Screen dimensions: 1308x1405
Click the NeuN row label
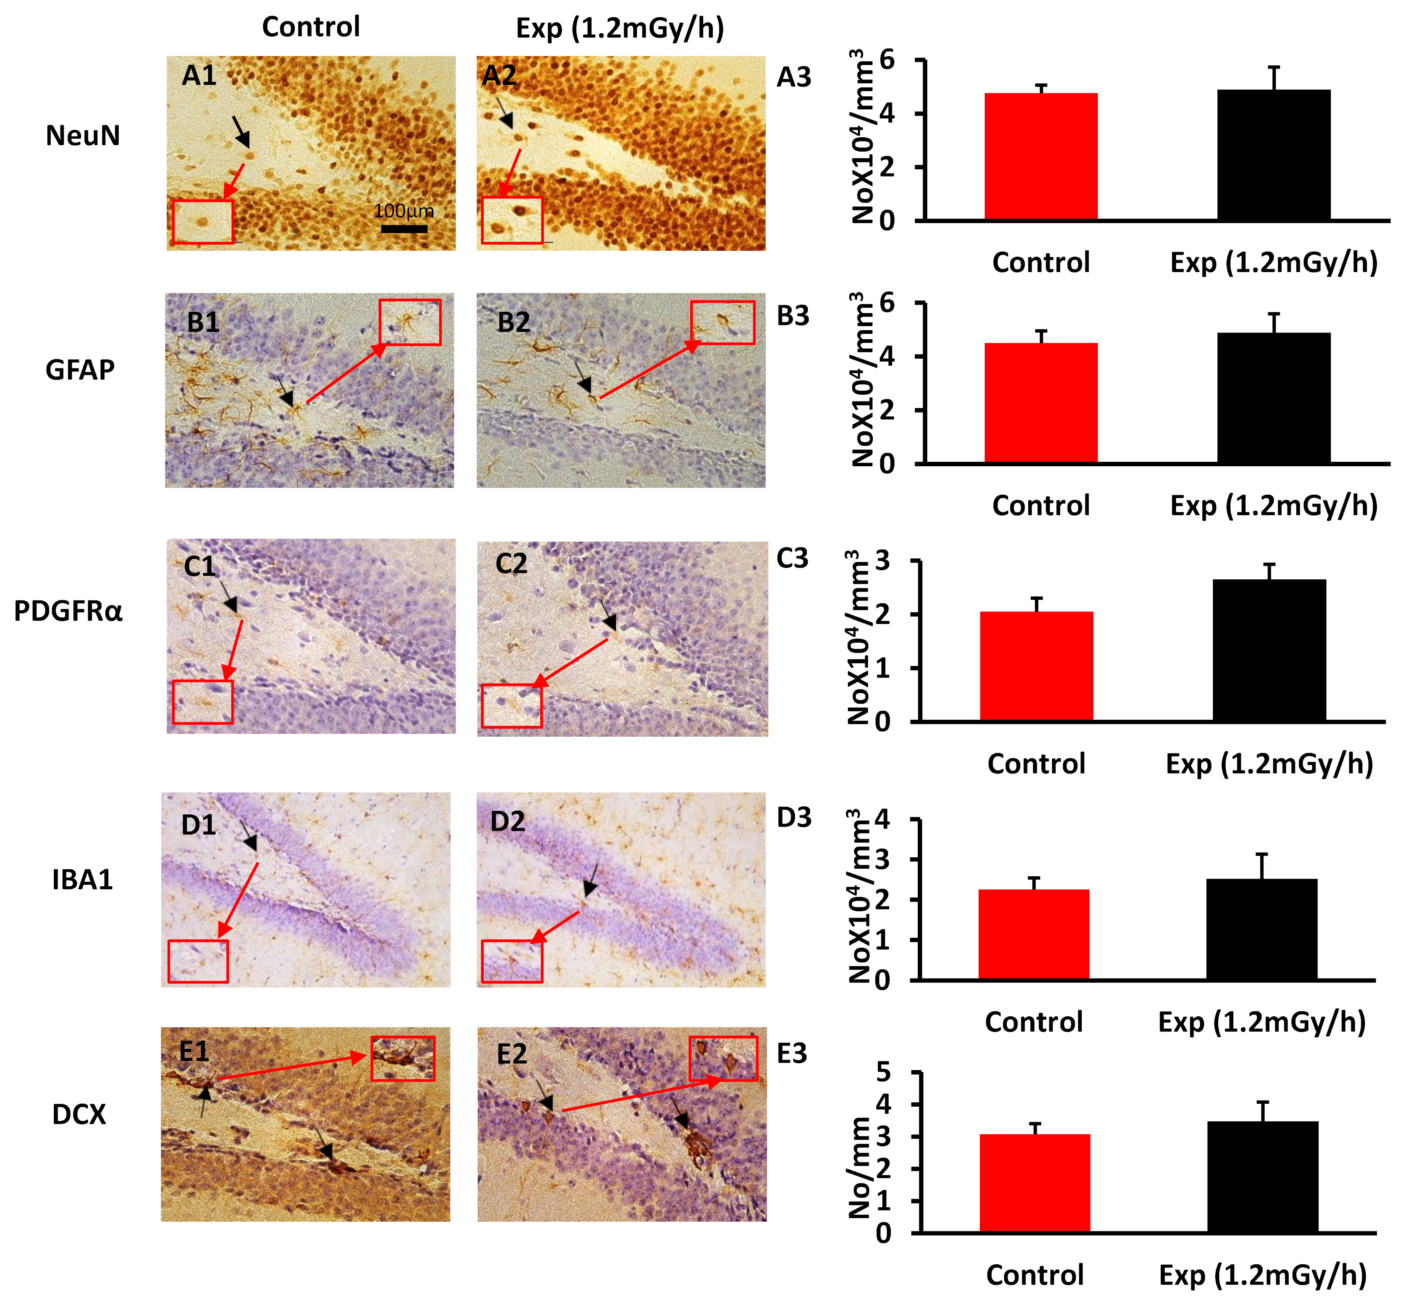coord(83,135)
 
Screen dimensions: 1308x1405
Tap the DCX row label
coord(79,1114)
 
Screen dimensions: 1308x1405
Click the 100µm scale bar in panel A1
coord(404,228)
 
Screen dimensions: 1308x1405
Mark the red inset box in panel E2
coord(723,1058)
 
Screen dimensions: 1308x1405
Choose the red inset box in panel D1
coord(198,961)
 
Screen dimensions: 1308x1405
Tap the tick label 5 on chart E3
coord(884,1072)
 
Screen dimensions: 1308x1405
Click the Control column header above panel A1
coord(311,27)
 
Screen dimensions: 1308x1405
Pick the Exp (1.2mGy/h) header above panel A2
coord(620,28)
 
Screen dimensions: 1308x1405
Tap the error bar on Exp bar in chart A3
coord(1273,78)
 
